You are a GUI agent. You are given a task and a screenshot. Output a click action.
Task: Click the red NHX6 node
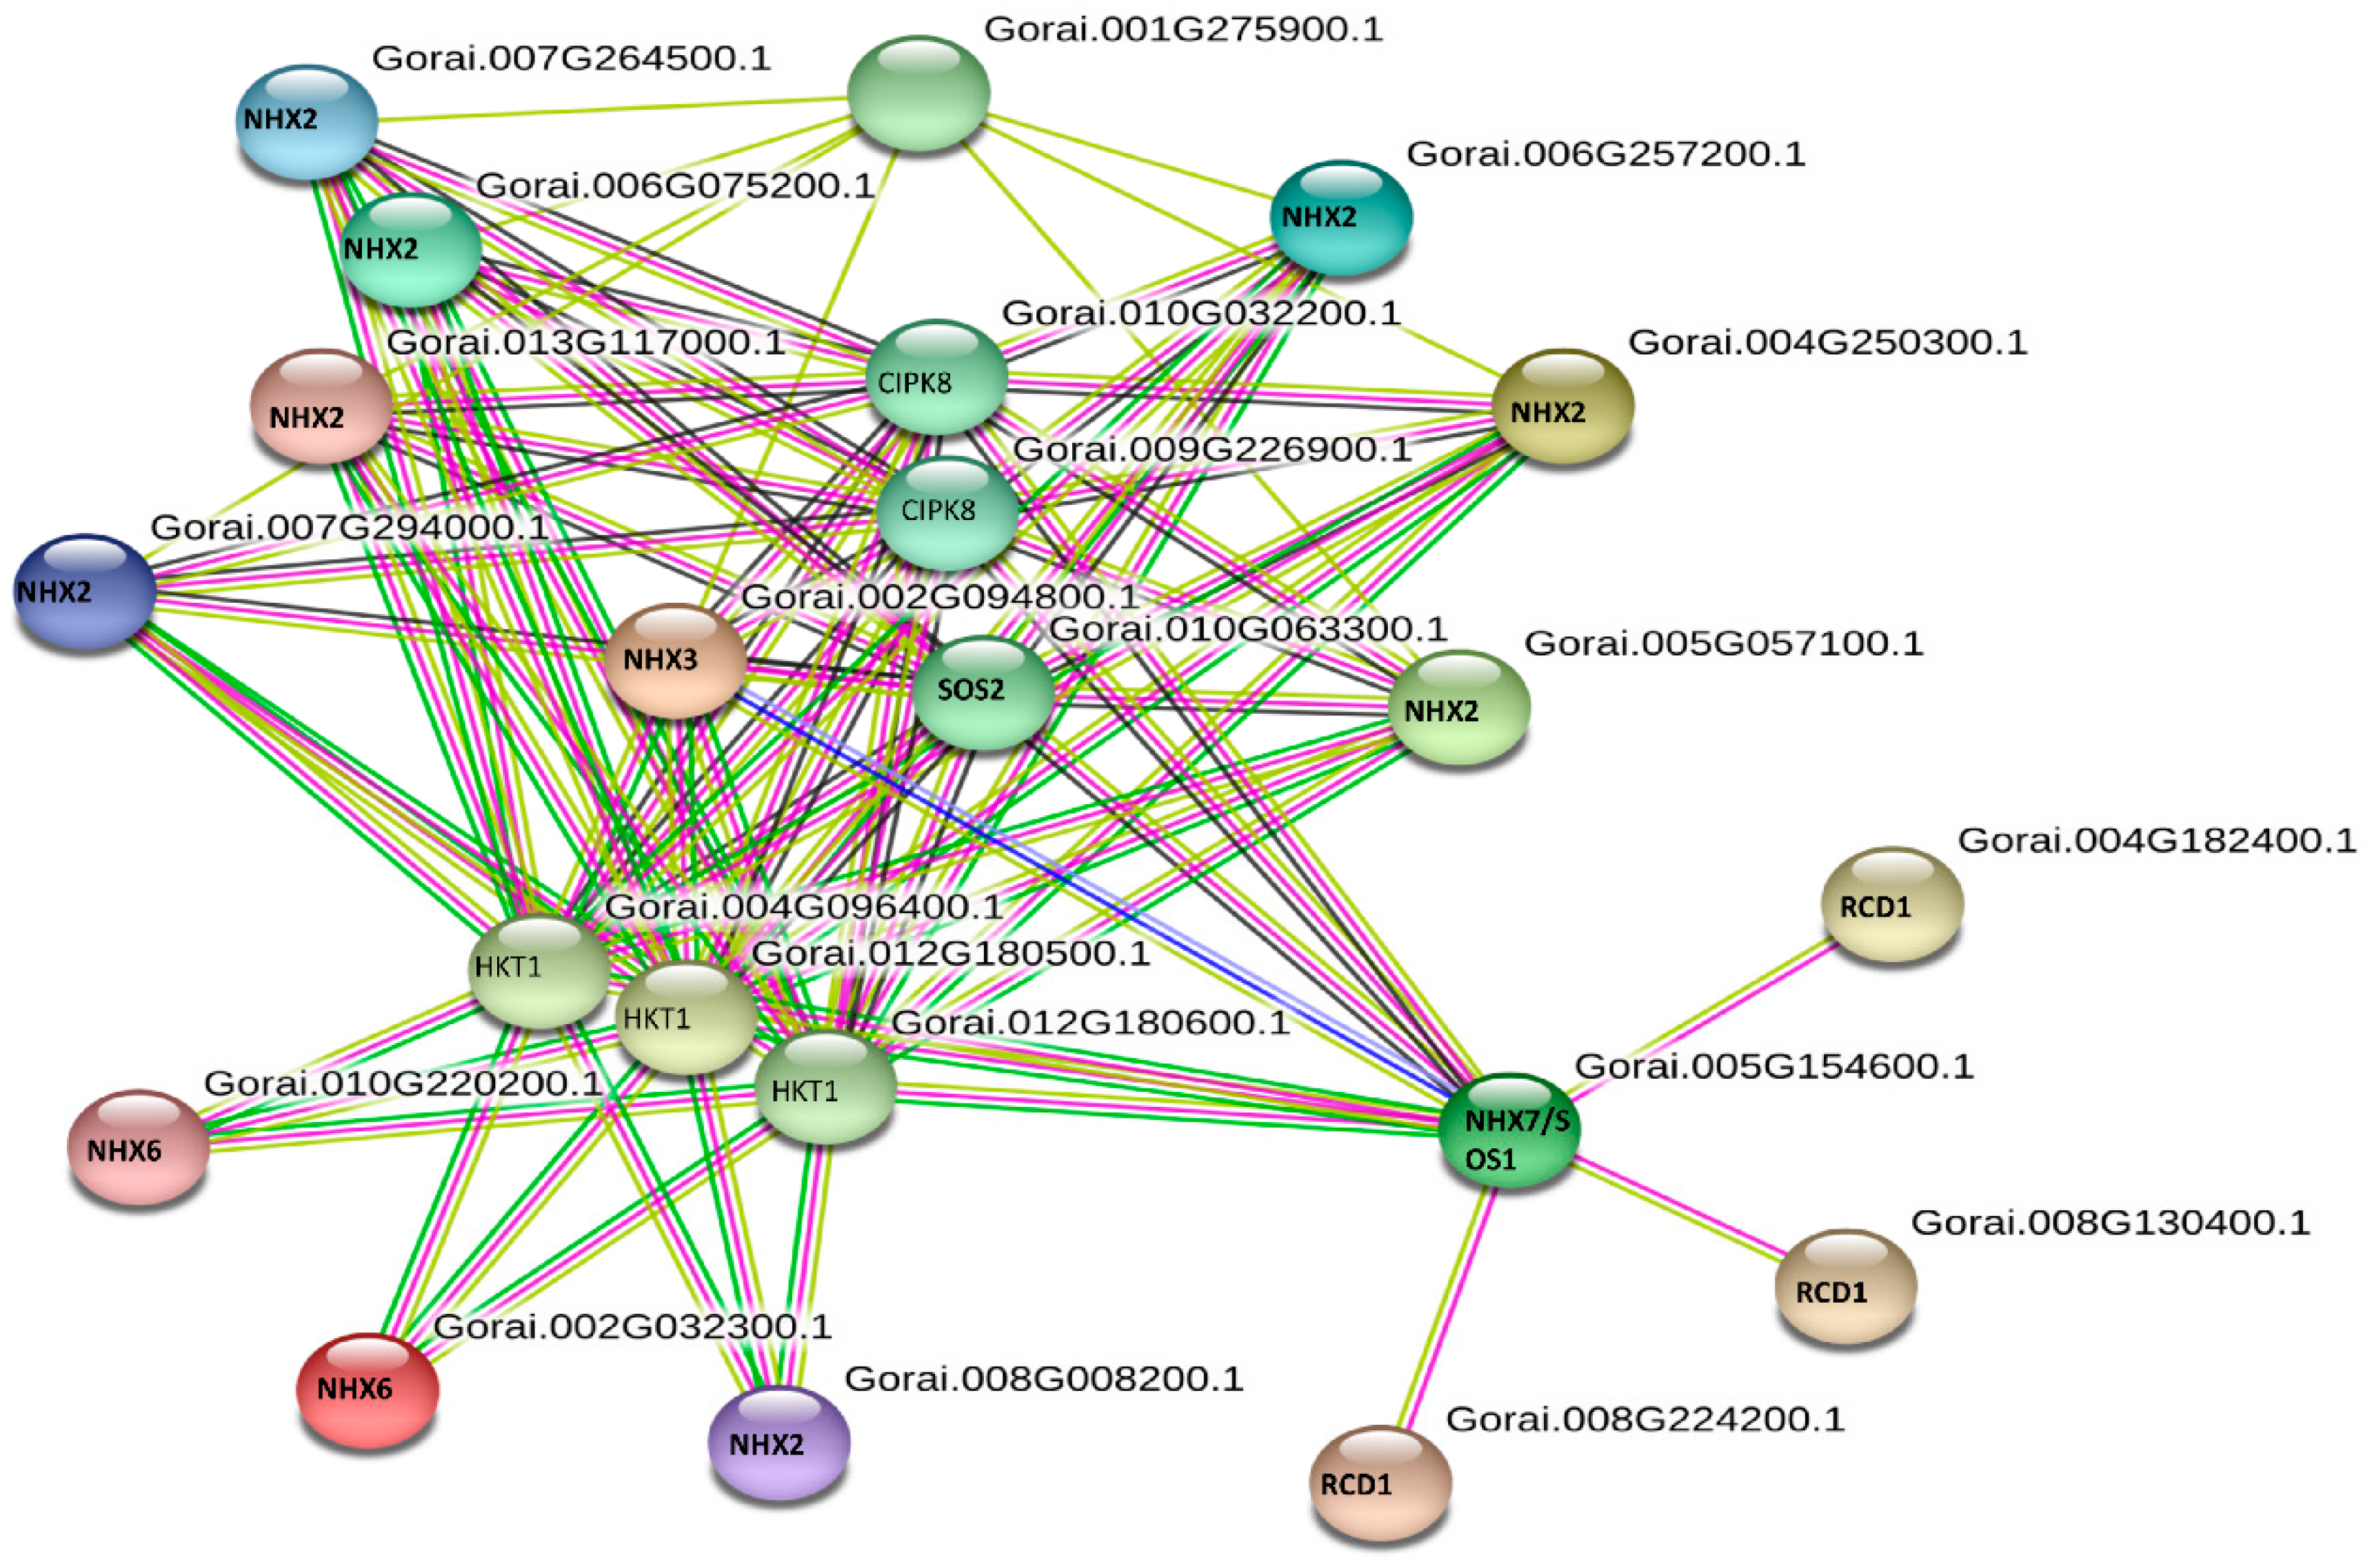coord(368,1388)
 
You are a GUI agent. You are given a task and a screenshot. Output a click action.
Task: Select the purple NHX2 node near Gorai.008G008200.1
coord(778,1442)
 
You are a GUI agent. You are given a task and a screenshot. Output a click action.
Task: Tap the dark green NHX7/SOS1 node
coord(1509,1130)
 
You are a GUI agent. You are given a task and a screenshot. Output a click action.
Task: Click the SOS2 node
coord(983,692)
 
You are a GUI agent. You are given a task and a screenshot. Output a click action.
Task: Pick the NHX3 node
coord(676,660)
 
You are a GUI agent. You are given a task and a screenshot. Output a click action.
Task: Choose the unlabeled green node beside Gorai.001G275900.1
coord(918,92)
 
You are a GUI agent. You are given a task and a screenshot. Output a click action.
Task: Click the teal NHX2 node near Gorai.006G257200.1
coord(1340,217)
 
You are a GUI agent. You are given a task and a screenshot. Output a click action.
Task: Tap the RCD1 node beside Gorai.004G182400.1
coord(1891,904)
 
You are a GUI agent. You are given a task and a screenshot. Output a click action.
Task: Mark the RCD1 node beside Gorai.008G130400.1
coord(1845,1286)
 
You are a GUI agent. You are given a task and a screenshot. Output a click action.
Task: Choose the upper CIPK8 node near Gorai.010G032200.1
coord(937,377)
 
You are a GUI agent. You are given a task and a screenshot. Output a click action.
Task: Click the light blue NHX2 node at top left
coord(307,121)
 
